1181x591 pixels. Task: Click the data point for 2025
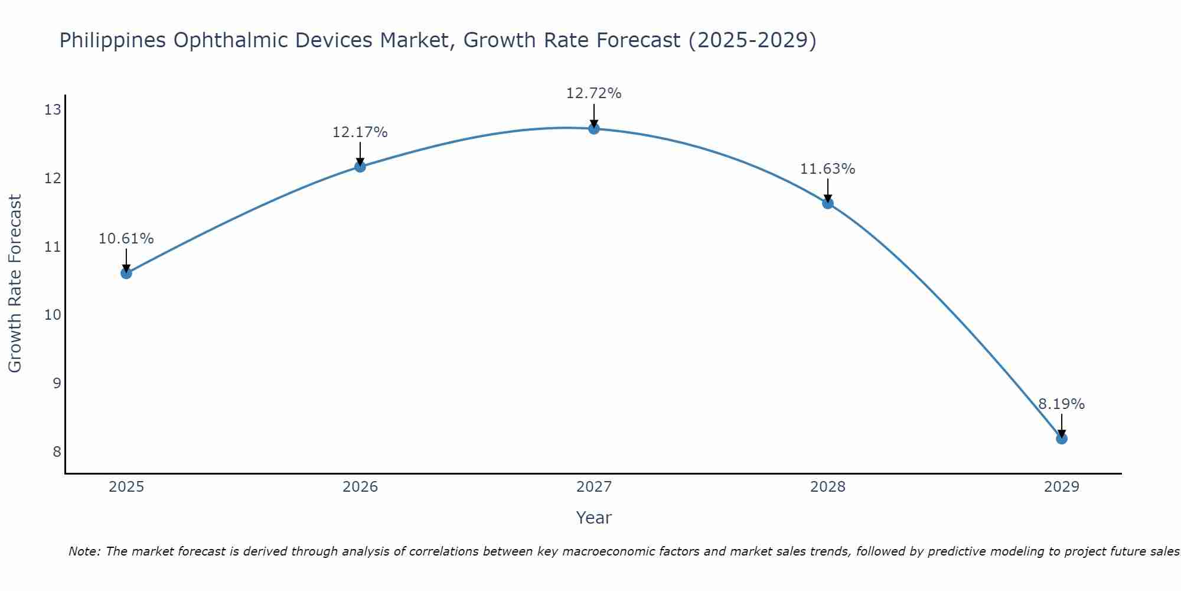pos(126,273)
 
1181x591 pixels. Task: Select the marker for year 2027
pos(593,128)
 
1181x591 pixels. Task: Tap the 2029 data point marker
pos(1061,439)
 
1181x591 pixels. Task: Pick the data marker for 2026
pos(360,166)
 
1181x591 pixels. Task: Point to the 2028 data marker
pos(827,203)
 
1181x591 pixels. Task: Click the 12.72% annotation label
pos(593,93)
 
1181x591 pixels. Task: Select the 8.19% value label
pos(1061,404)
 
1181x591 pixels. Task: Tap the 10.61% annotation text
pos(126,239)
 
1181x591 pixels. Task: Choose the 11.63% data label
pos(827,169)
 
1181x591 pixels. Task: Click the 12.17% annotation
pos(360,132)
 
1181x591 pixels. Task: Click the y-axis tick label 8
pos(57,452)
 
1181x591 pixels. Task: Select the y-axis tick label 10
pos(53,314)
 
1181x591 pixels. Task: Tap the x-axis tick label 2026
pos(360,487)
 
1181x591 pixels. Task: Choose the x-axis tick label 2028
pos(827,487)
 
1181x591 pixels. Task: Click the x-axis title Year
pos(593,518)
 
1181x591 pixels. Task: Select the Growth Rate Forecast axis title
pos(15,284)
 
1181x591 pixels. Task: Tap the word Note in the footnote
pos(84,551)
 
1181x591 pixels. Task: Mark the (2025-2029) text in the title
pos(752,40)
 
